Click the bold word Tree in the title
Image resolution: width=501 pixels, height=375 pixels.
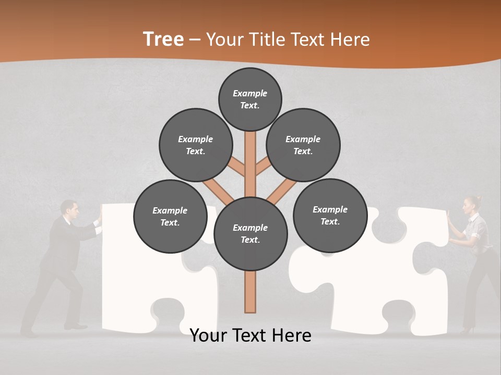pos(163,39)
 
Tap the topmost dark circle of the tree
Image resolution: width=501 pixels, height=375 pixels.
pos(250,99)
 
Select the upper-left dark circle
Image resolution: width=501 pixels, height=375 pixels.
pos(196,145)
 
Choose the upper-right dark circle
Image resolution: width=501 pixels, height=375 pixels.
pos(303,145)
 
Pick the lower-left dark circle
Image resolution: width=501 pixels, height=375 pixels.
pos(170,216)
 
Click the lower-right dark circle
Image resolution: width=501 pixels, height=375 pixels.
pos(330,215)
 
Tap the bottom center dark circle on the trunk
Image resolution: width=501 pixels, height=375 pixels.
pos(250,234)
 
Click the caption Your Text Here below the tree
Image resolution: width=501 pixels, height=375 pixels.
pos(250,335)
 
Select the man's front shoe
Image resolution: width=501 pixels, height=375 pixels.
pos(76,327)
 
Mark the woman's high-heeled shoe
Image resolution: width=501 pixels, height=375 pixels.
pos(467,329)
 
